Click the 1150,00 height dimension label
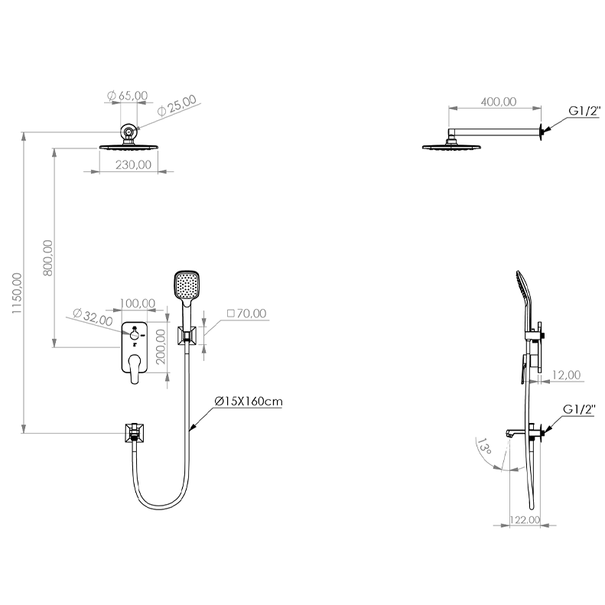click(17, 293)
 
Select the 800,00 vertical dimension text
click(48, 258)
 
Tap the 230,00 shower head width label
click(134, 164)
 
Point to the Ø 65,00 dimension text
click(127, 96)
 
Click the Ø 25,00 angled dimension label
click(177, 106)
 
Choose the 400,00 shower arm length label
click(499, 102)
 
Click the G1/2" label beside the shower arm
click(584, 111)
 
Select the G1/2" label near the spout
click(579, 409)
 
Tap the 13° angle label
click(484, 446)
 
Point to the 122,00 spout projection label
click(525, 520)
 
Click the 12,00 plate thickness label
click(567, 375)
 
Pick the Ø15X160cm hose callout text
click(249, 402)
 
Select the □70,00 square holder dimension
click(246, 314)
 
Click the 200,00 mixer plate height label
click(161, 346)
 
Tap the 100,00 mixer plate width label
click(138, 304)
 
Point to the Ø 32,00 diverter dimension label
click(93, 317)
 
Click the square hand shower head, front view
click(187, 285)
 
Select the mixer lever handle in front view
click(135, 369)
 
